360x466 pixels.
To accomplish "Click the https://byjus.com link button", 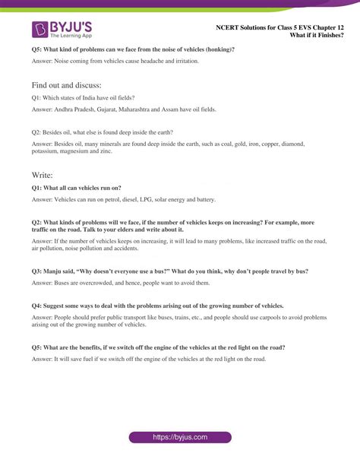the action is [180, 437].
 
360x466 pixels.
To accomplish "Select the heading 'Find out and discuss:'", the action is [66, 85].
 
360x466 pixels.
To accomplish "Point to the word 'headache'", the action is [151, 61].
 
